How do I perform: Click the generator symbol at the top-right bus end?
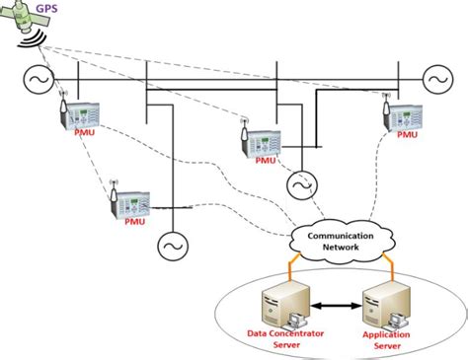click(x=435, y=78)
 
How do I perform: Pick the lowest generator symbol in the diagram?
click(x=173, y=246)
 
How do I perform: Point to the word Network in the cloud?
click(x=341, y=251)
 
